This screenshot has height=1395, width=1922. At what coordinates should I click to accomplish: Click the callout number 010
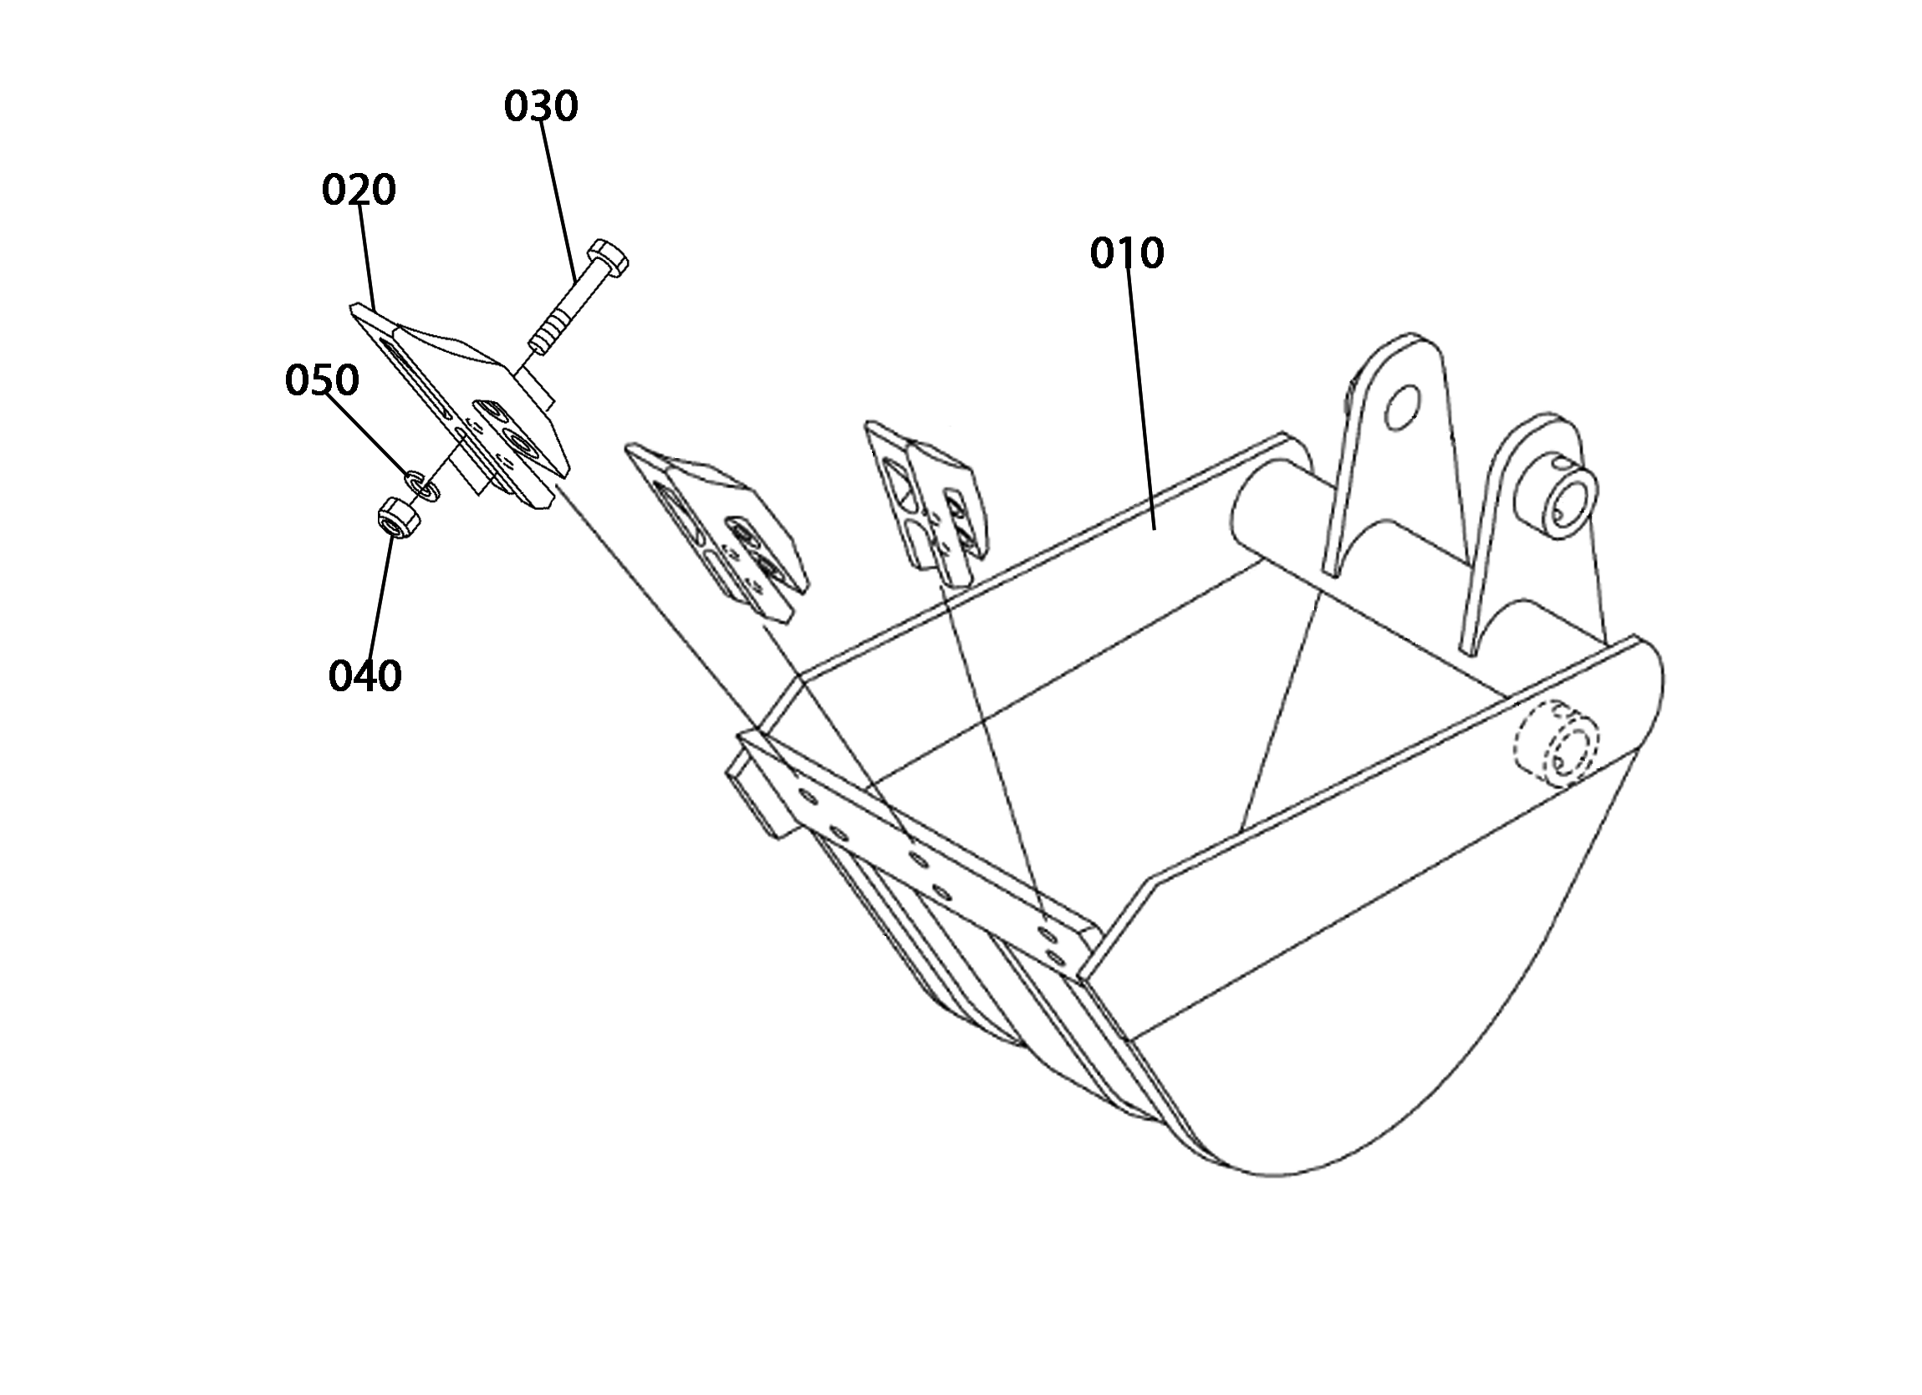pyautogui.click(x=1127, y=253)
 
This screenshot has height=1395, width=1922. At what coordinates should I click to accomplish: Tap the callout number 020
pyautogui.click(x=359, y=190)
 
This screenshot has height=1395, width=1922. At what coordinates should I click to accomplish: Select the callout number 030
pyautogui.click(x=541, y=106)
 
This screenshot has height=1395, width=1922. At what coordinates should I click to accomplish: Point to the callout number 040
pyautogui.click(x=365, y=675)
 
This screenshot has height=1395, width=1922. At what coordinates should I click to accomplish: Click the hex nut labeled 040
pyautogui.click(x=395, y=518)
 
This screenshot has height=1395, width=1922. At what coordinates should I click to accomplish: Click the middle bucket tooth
pyautogui.click(x=716, y=529)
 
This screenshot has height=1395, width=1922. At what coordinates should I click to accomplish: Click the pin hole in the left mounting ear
pyautogui.click(x=1403, y=406)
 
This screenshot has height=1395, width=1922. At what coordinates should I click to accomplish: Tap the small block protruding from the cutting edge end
pyautogui.click(x=753, y=797)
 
